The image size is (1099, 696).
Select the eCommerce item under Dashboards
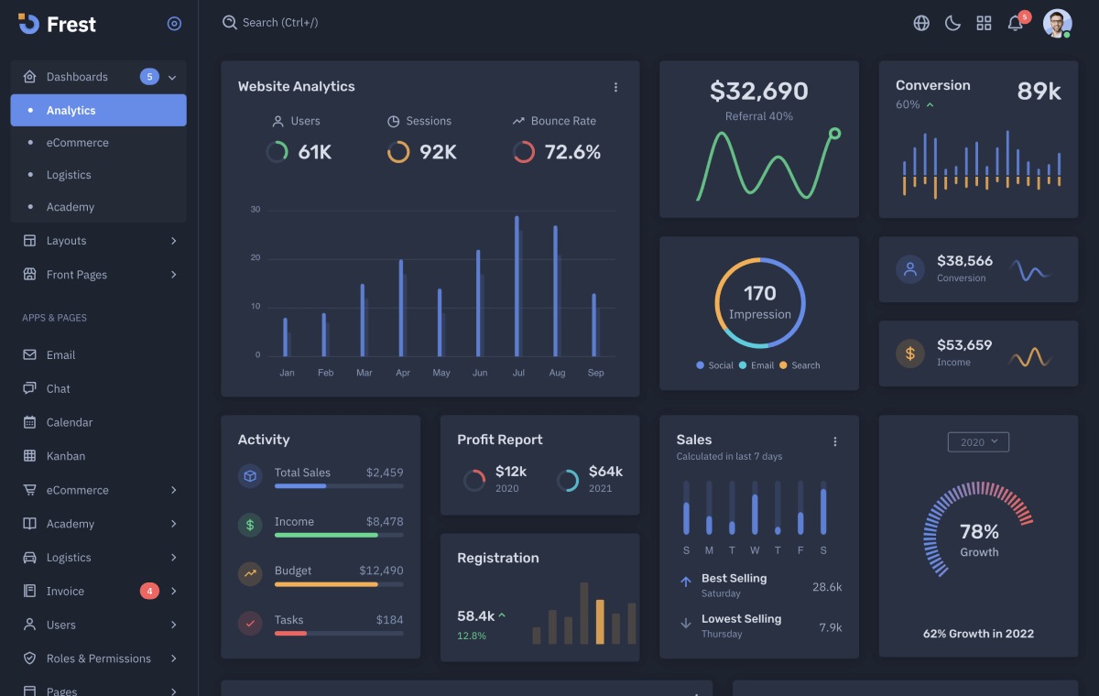pyautogui.click(x=77, y=143)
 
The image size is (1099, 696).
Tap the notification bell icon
pyautogui.click(x=1015, y=24)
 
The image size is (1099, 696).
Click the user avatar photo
pyautogui.click(x=1057, y=23)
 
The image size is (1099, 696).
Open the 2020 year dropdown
pyautogui.click(x=978, y=442)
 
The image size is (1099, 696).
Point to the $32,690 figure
pyautogui.click(x=759, y=92)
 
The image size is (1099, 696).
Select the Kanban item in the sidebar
pyautogui.click(x=66, y=456)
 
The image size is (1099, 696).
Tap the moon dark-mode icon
pyautogui.click(x=952, y=23)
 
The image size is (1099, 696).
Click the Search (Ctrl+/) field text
pyautogui.click(x=280, y=22)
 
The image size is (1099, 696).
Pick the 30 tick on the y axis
pyautogui.click(x=256, y=210)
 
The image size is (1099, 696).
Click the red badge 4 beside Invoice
pyautogui.click(x=149, y=592)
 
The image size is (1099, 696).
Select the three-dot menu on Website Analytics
pyautogui.click(x=615, y=87)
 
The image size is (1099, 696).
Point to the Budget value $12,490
pyautogui.click(x=381, y=571)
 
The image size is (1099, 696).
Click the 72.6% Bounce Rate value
pyautogui.click(x=572, y=153)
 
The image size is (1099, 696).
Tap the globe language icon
pyautogui.click(x=921, y=23)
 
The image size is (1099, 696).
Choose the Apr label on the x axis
pyautogui.click(x=403, y=373)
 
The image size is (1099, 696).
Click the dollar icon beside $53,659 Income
pyautogui.click(x=909, y=353)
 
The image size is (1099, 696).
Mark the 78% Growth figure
pyautogui.click(x=979, y=532)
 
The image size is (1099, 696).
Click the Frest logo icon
pyautogui.click(x=28, y=24)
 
